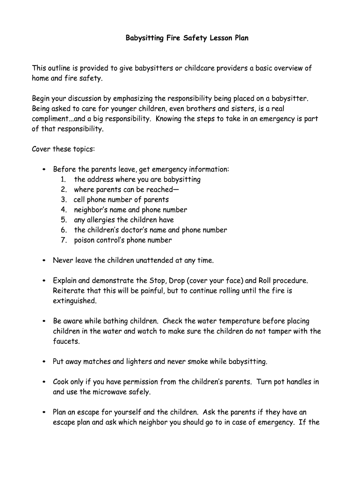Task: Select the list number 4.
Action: tap(64, 210)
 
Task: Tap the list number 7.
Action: tap(64, 240)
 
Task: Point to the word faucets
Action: tap(66, 341)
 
